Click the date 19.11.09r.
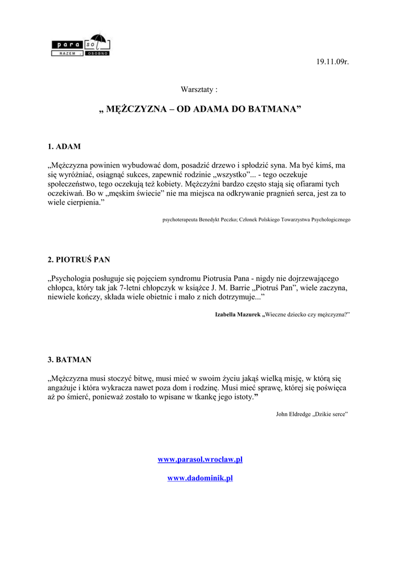pyautogui.click(x=333, y=61)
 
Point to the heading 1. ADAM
pyautogui.click(x=64, y=146)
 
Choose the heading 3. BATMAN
pyautogui.click(x=70, y=360)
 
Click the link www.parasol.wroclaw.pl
pyautogui.click(x=200, y=459)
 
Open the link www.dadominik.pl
pyautogui.click(x=200, y=478)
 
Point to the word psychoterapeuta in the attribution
pyautogui.click(x=180, y=219)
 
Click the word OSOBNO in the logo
pyautogui.click(x=97, y=54)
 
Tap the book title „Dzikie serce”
pyautogui.click(x=330, y=413)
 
